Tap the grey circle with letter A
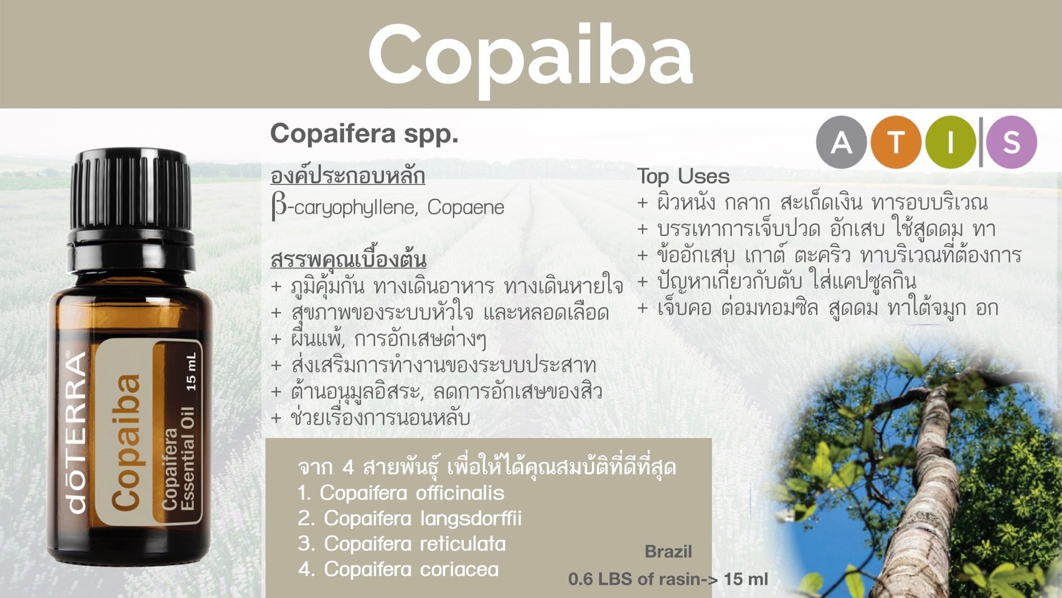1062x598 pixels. coord(842,142)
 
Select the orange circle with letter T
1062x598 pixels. coord(896,142)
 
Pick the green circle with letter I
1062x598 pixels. coord(951,142)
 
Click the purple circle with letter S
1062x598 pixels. coord(1012,142)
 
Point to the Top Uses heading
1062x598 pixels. coord(683,176)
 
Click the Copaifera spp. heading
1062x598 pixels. coord(364,134)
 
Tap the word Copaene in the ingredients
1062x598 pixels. coord(466,208)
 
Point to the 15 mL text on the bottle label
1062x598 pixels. coord(191,372)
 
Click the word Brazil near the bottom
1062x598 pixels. coord(668,551)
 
